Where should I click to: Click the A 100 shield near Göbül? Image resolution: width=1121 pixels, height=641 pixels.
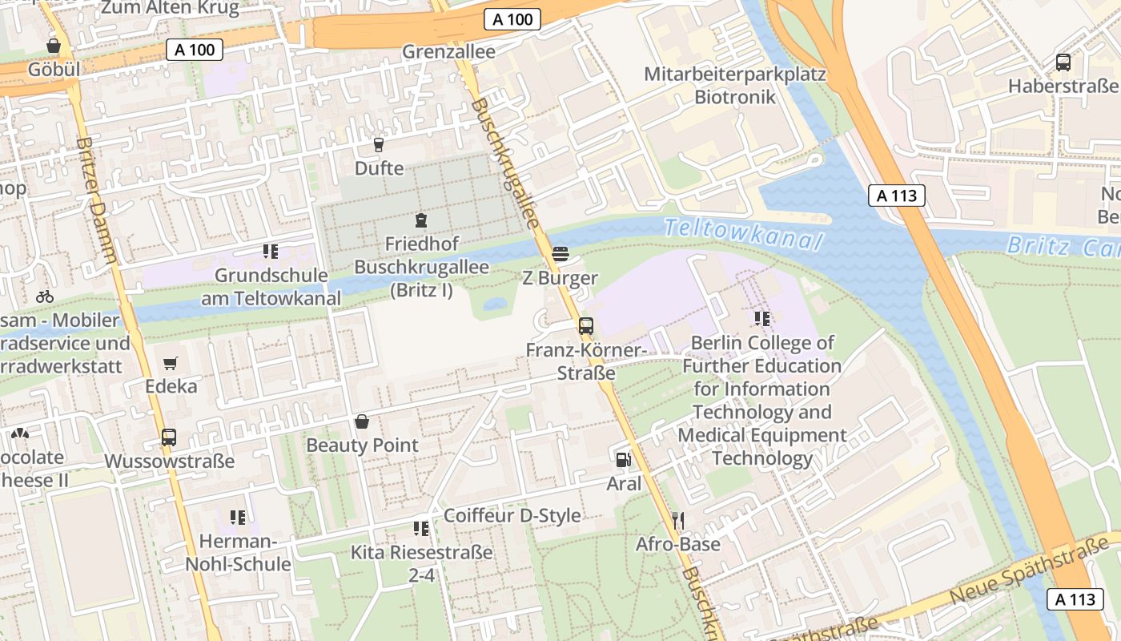(195, 50)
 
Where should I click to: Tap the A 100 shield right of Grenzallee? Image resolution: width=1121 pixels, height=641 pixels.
(512, 19)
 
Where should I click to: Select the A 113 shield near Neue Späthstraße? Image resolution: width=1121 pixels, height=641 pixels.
(1075, 599)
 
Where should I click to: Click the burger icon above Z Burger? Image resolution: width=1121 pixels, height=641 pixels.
(560, 255)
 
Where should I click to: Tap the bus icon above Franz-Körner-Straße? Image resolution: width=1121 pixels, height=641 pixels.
(586, 326)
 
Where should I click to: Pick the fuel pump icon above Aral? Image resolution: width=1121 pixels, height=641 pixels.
(623, 460)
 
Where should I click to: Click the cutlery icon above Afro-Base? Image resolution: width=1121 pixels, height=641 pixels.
(678, 521)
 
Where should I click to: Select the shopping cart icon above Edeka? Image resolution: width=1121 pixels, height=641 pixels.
(170, 364)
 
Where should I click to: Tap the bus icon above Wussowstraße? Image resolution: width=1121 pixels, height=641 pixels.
(169, 437)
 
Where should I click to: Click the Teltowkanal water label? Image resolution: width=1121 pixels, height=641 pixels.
(743, 234)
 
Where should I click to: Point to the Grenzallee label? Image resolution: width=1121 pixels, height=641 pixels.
(448, 51)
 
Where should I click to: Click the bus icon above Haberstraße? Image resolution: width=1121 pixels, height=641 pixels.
(1063, 62)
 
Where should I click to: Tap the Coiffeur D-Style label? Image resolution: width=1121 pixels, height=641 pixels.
(512, 515)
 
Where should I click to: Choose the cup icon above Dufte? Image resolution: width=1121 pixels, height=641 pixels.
(379, 145)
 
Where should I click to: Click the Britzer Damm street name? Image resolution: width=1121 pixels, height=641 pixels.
(98, 200)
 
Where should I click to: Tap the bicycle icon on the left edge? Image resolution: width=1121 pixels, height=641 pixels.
(45, 296)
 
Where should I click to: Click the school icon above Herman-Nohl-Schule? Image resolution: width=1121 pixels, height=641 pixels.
(237, 518)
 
